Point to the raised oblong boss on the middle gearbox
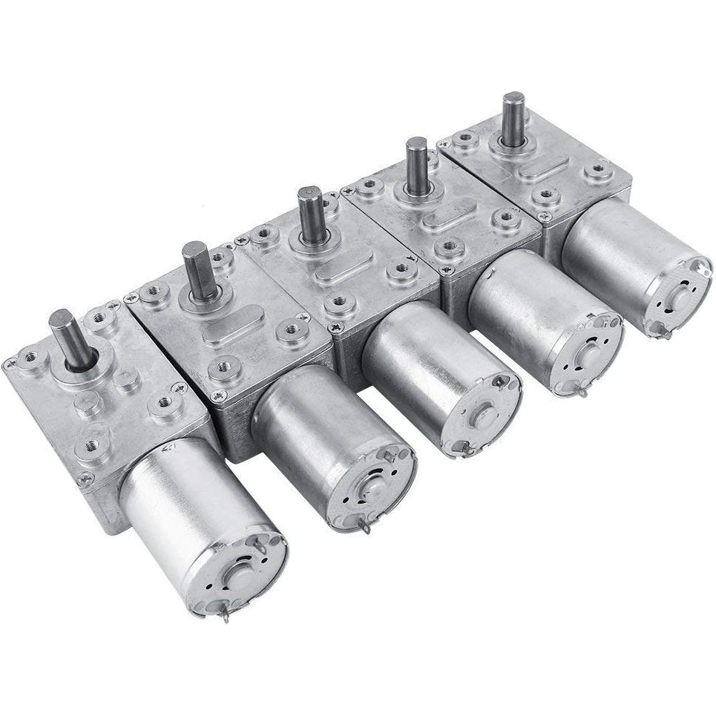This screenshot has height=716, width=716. tap(338, 272)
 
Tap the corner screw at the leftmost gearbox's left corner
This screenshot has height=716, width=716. tap(10, 364)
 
